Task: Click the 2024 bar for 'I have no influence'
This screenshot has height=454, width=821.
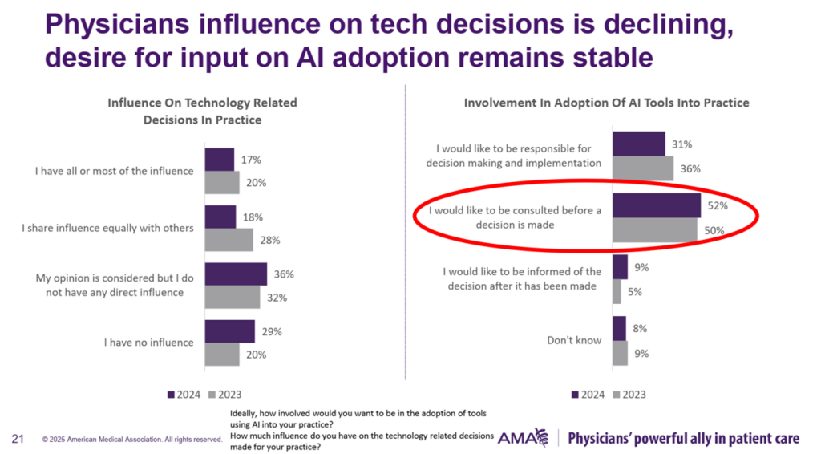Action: pos(229,331)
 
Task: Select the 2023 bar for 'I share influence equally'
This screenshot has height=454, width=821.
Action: pos(229,240)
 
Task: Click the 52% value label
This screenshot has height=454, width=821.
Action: pos(717,205)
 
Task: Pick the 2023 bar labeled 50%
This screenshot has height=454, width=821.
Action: pos(654,230)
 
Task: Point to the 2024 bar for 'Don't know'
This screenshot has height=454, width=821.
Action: pos(619,328)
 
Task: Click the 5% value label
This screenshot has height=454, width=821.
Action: pos(633,292)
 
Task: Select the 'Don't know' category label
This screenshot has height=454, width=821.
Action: pos(574,340)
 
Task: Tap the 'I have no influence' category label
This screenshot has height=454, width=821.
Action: pos(149,343)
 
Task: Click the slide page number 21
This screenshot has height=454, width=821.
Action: pos(17,439)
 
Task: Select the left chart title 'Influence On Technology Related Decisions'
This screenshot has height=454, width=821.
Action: pos(202,111)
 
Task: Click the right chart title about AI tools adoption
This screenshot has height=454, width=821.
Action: pos(606,103)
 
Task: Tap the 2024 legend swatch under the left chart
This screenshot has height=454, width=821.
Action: pos(171,394)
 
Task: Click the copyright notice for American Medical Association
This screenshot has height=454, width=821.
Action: pos(132,440)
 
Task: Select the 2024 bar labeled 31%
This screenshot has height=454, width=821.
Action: pos(638,144)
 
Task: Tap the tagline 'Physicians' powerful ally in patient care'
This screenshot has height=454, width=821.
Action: pos(684,439)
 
